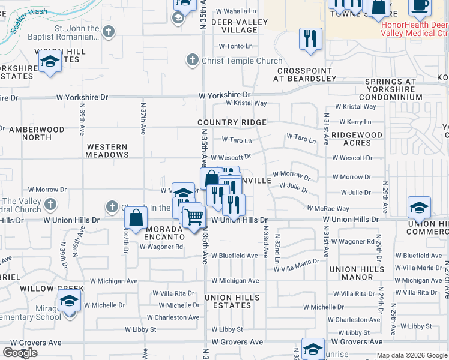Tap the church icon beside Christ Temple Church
(192, 60)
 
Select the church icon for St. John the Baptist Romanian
(109, 32)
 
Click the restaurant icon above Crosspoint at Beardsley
(310, 39)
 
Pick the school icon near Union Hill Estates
(50, 61)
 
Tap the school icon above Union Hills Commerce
(419, 208)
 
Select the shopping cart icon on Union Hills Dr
(193, 216)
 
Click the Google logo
(20, 353)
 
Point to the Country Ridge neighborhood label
(232, 122)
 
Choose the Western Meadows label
(107, 151)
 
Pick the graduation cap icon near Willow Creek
(70, 300)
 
